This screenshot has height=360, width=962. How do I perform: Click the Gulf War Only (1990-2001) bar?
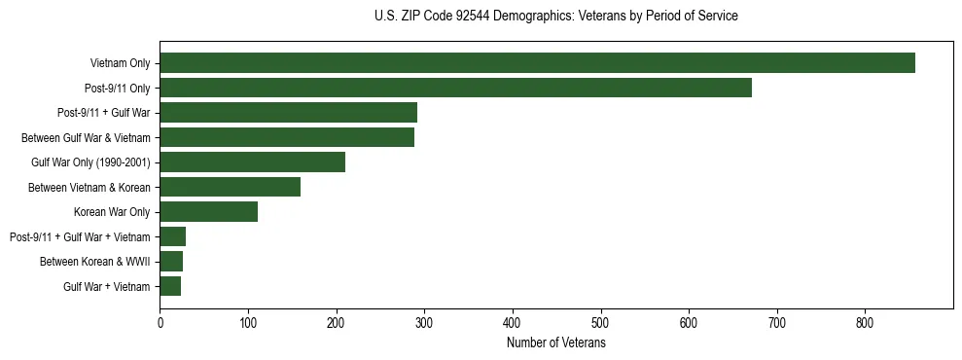253,162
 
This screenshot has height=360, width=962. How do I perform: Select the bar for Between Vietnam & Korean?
231,187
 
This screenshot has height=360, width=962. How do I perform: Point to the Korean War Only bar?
209,212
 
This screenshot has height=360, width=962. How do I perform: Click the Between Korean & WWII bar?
171,262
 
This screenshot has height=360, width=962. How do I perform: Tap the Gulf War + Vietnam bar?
170,286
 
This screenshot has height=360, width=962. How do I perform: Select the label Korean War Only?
112,212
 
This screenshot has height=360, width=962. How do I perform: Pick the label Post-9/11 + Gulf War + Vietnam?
80,236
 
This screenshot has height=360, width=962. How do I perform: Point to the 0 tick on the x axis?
160,324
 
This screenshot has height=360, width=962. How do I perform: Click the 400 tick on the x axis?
513,324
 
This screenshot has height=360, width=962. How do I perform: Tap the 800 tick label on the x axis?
865,324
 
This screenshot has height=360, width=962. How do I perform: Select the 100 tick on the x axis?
248,324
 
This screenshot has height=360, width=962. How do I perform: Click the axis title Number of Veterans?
556,343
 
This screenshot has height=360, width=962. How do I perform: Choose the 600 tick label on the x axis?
689,324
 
